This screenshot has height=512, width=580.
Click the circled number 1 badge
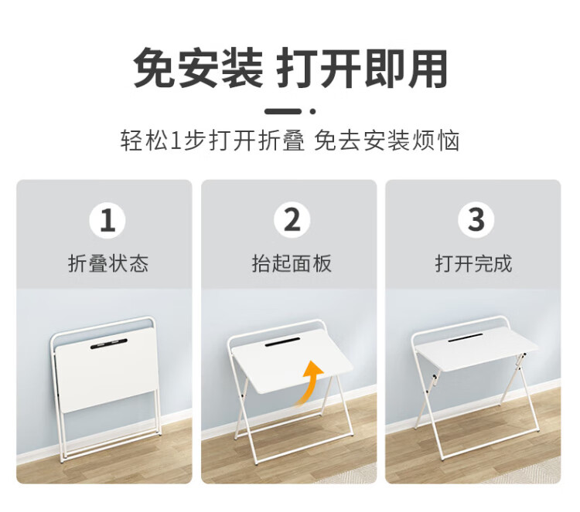[107, 220]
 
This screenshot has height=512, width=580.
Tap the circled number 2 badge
[292, 220]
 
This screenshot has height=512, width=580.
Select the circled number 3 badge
[476, 220]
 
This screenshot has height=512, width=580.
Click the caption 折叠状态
[108, 264]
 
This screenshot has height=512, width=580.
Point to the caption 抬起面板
[292, 264]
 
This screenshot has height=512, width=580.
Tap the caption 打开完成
[474, 264]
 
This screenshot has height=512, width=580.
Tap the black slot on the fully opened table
[466, 337]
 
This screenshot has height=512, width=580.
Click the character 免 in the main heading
[155, 69]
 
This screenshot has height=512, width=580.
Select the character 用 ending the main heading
[427, 69]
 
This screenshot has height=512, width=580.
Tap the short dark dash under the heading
[282, 111]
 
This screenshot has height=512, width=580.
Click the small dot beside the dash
[312, 111]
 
